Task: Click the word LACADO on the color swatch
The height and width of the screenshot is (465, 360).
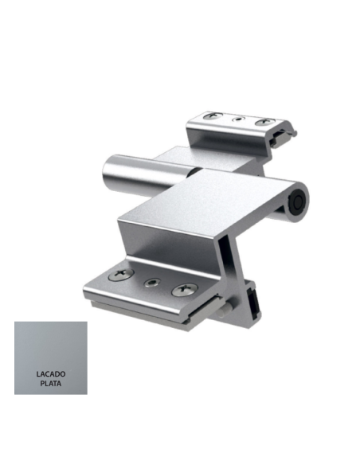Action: point(50,373)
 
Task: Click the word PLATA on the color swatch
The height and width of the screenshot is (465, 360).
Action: point(50,383)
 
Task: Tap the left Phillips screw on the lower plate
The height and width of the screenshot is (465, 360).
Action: point(119,275)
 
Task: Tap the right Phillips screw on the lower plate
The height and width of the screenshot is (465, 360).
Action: point(182,290)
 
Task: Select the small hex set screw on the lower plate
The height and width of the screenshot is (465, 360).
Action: point(151,283)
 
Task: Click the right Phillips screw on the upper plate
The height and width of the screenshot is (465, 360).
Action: point(264,123)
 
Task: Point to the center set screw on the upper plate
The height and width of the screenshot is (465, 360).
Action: point(237,119)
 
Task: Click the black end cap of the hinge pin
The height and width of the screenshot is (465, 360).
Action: point(298,203)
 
